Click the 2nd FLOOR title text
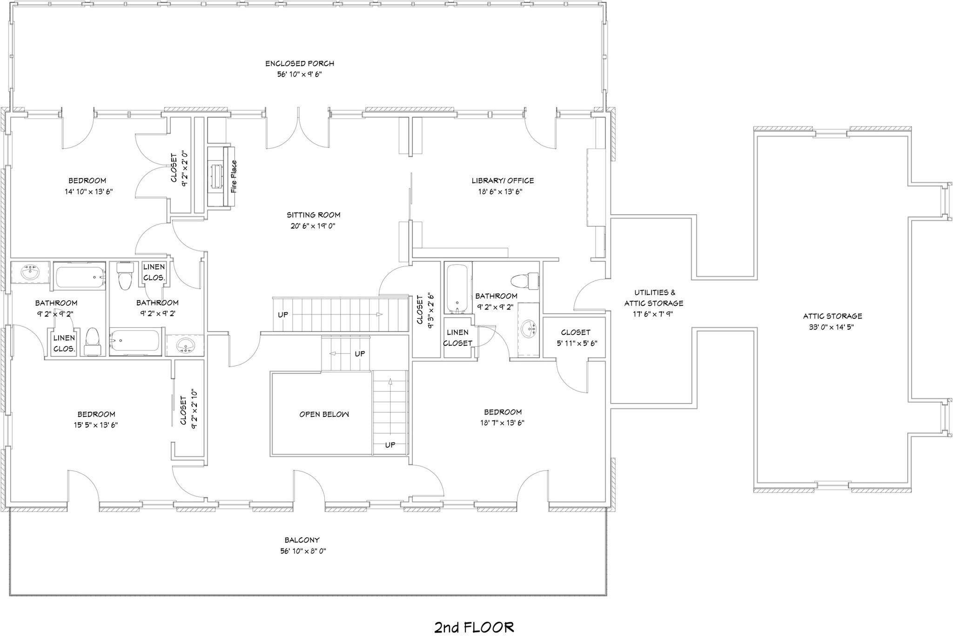[474, 627]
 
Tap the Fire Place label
[234, 177]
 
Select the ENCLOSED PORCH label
[300, 64]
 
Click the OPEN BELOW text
[324, 414]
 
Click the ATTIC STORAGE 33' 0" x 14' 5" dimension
[832, 327]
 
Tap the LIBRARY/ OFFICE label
[502, 181]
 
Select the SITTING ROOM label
[313, 215]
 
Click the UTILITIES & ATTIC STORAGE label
[654, 298]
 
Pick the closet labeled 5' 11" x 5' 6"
[575, 338]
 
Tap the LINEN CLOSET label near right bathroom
[457, 338]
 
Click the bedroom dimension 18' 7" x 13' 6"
[503, 423]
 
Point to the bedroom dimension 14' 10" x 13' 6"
[89, 191]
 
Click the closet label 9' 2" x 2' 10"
[195, 409]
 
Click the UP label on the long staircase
[283, 315]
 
